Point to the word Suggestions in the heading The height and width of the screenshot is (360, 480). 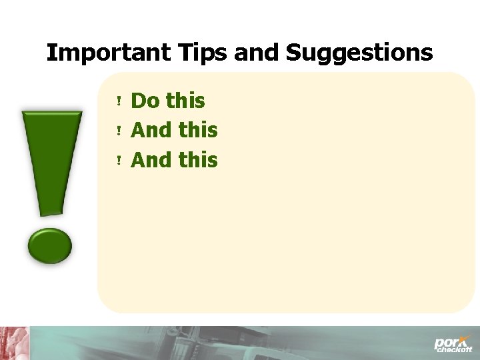pos(359,53)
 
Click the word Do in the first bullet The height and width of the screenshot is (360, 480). pos(146,101)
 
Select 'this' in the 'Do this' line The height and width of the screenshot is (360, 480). pos(185,101)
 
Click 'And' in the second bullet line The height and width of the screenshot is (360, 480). pos(151,130)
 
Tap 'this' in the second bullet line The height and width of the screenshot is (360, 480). pos(198,130)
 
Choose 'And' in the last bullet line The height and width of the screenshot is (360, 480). pos(151,160)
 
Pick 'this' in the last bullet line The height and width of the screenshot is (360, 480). pos(198,160)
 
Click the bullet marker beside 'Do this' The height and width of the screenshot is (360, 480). pos(118,101)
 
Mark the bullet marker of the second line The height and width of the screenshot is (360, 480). pos(118,131)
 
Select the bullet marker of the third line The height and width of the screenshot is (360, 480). pos(118,161)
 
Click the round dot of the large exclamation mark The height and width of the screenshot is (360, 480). pos(49,245)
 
